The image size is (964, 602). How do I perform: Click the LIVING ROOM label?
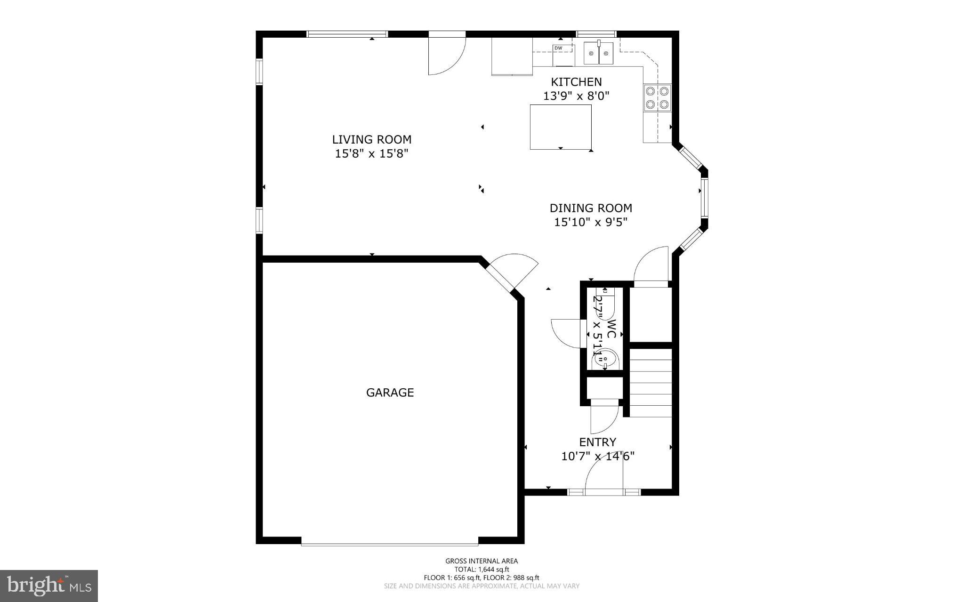[x=372, y=140]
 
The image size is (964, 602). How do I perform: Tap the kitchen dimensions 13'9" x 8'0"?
[x=576, y=96]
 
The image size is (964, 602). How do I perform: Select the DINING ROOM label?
[x=591, y=208]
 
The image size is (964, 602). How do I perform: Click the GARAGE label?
[x=390, y=393]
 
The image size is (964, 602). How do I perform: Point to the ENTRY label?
[x=597, y=442]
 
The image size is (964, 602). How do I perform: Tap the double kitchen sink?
[x=598, y=53]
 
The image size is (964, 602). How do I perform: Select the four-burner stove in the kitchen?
[x=658, y=97]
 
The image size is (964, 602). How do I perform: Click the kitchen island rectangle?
[x=561, y=127]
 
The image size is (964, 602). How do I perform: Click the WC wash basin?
[x=605, y=360]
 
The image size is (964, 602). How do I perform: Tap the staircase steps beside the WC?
[x=650, y=382]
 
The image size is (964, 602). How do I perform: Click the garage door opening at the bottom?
[x=390, y=544]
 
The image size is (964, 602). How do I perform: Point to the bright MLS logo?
[x=49, y=586]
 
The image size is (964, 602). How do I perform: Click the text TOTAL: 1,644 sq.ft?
[x=482, y=569]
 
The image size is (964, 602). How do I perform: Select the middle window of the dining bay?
[x=704, y=198]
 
